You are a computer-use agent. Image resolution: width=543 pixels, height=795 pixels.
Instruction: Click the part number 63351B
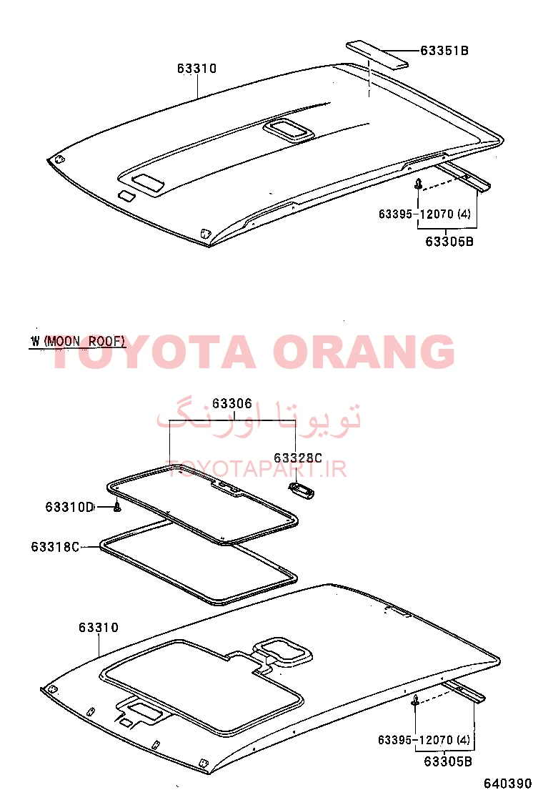(x=444, y=51)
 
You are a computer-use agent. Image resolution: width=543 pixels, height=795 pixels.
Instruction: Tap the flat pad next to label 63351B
(x=377, y=54)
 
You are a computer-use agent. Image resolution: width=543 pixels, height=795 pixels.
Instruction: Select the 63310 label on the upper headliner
(x=197, y=69)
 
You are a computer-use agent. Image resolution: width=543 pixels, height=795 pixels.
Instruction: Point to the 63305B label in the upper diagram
(x=449, y=242)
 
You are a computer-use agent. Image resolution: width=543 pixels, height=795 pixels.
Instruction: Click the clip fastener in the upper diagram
(x=419, y=184)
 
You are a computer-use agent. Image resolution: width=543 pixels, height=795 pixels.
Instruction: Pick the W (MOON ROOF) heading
(x=77, y=341)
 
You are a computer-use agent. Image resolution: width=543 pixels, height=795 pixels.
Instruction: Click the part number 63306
(x=232, y=404)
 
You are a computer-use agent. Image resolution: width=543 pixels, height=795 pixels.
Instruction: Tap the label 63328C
(x=298, y=458)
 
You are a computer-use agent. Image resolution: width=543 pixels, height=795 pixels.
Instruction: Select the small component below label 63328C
(x=301, y=490)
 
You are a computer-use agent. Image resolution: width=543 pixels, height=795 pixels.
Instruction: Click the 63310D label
(x=69, y=507)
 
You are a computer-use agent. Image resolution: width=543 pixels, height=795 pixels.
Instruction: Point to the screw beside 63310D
(x=117, y=507)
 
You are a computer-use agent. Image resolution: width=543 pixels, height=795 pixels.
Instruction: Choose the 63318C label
(x=55, y=547)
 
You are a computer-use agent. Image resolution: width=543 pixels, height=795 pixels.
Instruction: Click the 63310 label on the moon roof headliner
(x=99, y=628)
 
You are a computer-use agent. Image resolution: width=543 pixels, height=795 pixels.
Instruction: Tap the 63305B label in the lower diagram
(x=448, y=761)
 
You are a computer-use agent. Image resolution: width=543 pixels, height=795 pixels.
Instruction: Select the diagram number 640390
(x=507, y=784)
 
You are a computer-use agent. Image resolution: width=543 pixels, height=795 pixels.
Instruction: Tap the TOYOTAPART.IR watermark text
(x=257, y=470)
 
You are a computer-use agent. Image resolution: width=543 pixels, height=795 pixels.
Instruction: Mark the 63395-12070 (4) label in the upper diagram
(x=424, y=214)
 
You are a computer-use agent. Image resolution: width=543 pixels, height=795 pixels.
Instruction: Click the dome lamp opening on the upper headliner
(x=288, y=129)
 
